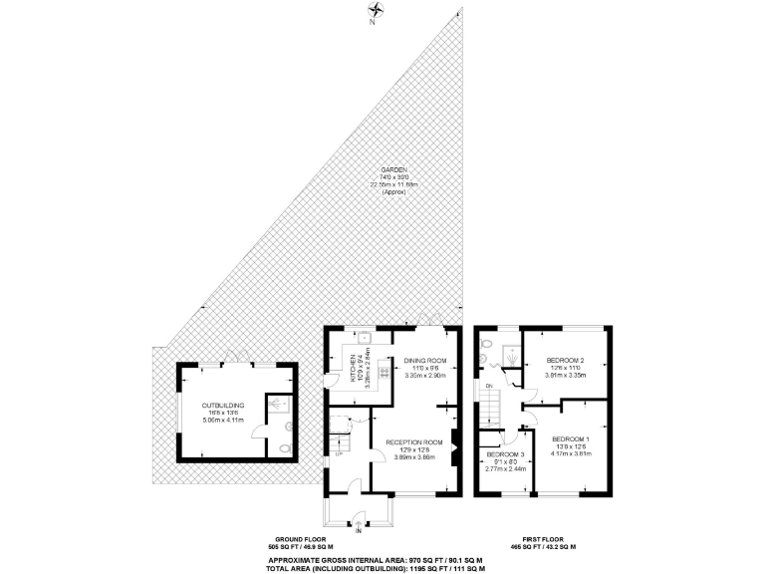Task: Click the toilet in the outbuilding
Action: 286,447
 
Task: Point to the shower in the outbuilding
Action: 276,404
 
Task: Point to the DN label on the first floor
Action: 488,387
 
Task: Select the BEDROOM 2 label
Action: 565,360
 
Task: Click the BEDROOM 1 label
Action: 571,438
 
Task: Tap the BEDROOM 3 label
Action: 500,454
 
